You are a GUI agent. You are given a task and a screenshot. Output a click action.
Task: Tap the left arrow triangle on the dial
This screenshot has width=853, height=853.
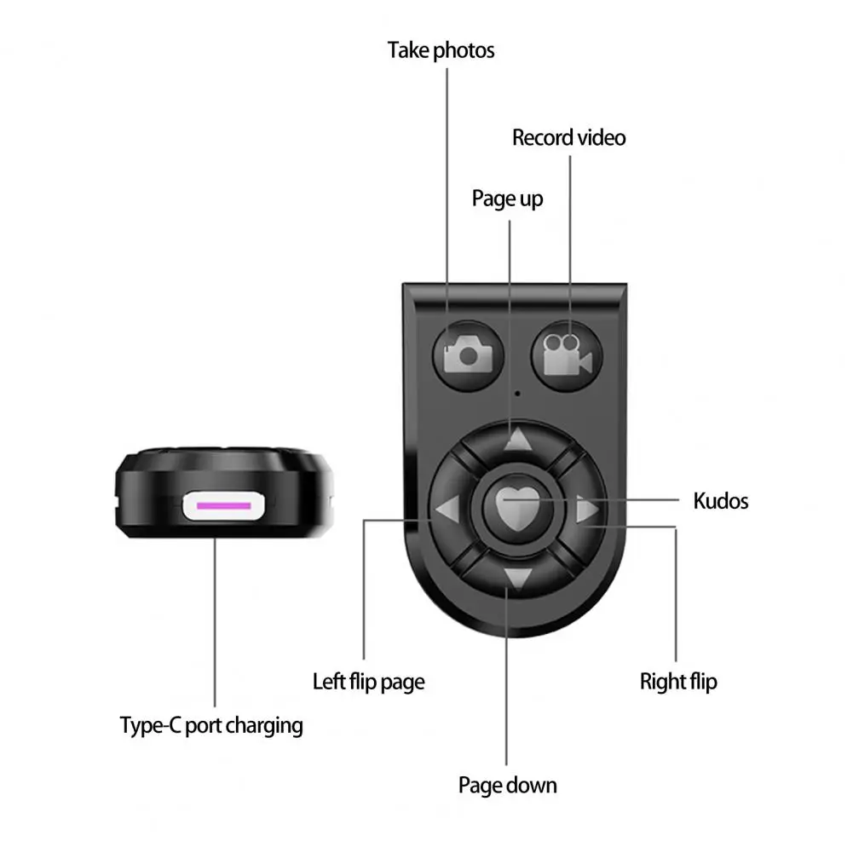[447, 511]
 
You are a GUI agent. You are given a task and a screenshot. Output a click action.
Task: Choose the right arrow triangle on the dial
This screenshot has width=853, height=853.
[586, 511]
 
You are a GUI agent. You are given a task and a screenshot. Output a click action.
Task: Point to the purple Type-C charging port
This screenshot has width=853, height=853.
[224, 506]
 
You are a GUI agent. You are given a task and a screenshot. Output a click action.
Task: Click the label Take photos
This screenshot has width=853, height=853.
[441, 50]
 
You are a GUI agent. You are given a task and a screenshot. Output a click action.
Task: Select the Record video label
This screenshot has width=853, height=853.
[568, 138]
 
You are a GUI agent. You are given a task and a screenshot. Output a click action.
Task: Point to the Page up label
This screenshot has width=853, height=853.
[507, 199]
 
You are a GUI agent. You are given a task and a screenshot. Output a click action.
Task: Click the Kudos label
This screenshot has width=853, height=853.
[720, 500]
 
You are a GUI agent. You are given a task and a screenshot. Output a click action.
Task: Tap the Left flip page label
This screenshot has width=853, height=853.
[368, 682]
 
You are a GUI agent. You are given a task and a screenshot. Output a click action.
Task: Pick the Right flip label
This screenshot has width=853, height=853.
[678, 682]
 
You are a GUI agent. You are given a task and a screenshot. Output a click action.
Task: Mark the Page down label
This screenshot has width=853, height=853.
[507, 785]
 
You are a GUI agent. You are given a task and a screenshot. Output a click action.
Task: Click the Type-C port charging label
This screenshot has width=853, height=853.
[211, 726]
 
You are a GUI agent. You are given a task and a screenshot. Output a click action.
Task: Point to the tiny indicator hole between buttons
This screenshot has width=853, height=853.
[517, 394]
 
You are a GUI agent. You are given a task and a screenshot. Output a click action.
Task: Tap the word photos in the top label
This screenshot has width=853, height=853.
[464, 50]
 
